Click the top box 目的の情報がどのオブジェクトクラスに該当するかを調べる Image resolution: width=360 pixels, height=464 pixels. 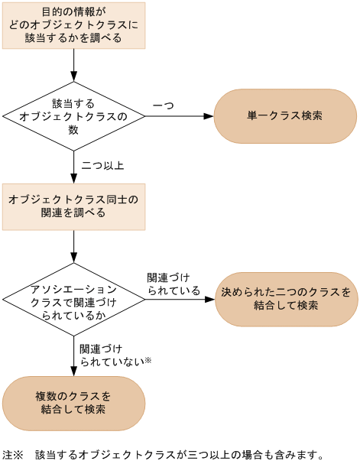click(x=73, y=25)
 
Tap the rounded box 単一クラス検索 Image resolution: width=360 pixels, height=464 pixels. click(x=284, y=116)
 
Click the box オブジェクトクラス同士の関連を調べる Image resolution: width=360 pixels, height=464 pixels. click(x=73, y=206)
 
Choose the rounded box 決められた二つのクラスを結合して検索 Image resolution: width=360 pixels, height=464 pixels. click(x=286, y=298)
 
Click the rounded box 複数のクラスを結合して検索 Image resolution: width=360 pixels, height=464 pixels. click(x=73, y=402)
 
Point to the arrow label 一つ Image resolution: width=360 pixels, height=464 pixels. click(x=163, y=104)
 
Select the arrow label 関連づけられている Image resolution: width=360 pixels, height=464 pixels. click(x=174, y=284)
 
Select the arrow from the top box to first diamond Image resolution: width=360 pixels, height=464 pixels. click(x=73, y=65)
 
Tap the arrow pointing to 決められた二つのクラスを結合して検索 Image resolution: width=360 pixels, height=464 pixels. click(x=180, y=298)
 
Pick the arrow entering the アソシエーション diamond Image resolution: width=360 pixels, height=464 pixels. click(x=73, y=246)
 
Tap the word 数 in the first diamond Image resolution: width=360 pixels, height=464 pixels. click(x=73, y=129)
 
